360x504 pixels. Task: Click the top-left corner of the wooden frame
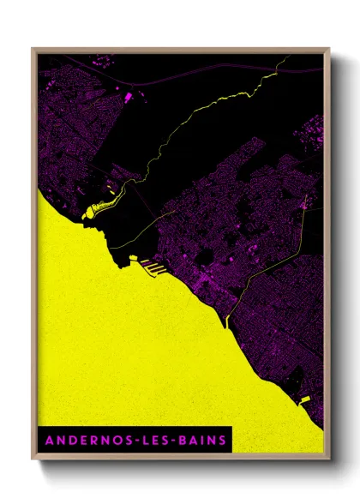click(x=34, y=50)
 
